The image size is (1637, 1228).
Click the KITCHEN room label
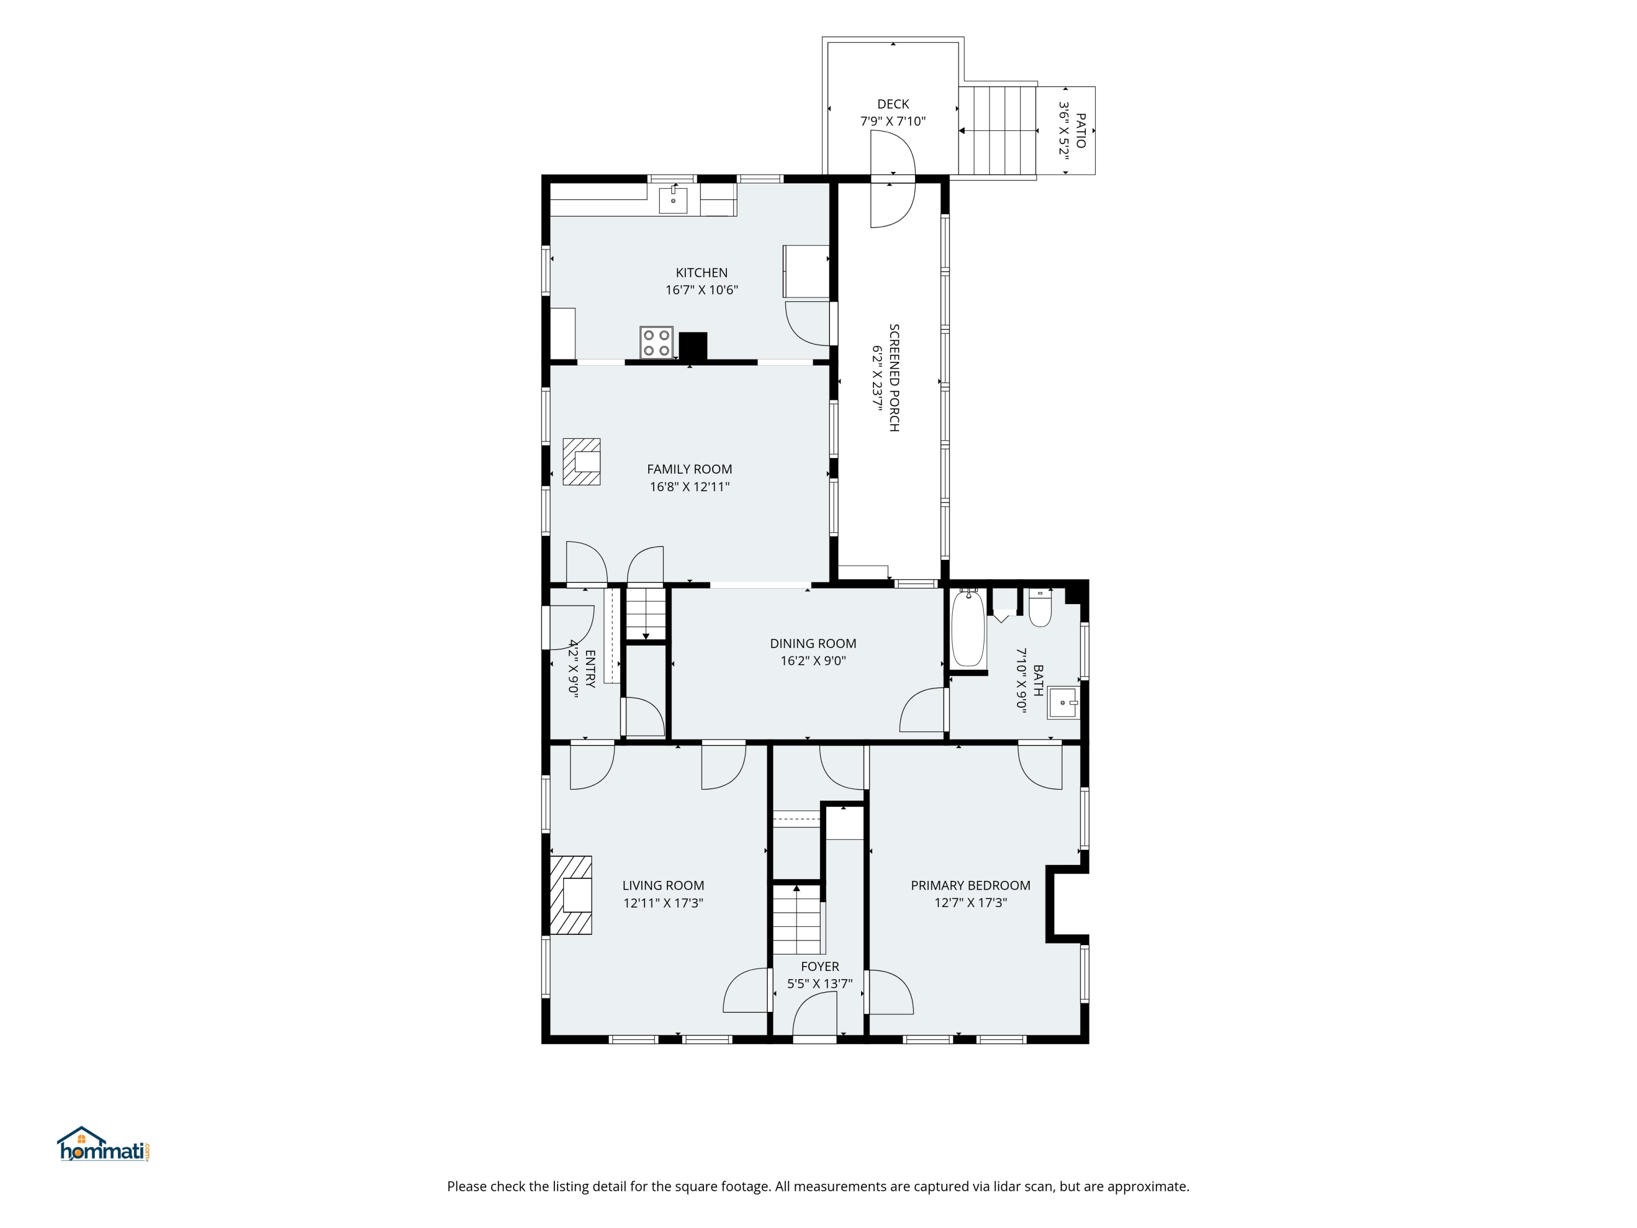(702, 272)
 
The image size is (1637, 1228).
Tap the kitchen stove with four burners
(656, 342)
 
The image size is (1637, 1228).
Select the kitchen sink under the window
(673, 200)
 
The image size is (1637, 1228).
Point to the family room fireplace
(581, 462)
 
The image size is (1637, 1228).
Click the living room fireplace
(571, 895)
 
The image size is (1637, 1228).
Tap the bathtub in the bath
(967, 628)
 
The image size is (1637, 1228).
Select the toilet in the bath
(1040, 607)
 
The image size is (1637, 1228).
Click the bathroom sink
(1063, 702)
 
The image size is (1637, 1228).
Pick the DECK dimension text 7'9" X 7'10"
(893, 121)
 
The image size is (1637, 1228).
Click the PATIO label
(1080, 130)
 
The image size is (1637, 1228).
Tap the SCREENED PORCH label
(894, 378)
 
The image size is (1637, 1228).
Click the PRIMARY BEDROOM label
(970, 885)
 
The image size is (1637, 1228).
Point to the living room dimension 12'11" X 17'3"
(663, 903)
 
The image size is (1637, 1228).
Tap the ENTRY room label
(590, 669)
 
